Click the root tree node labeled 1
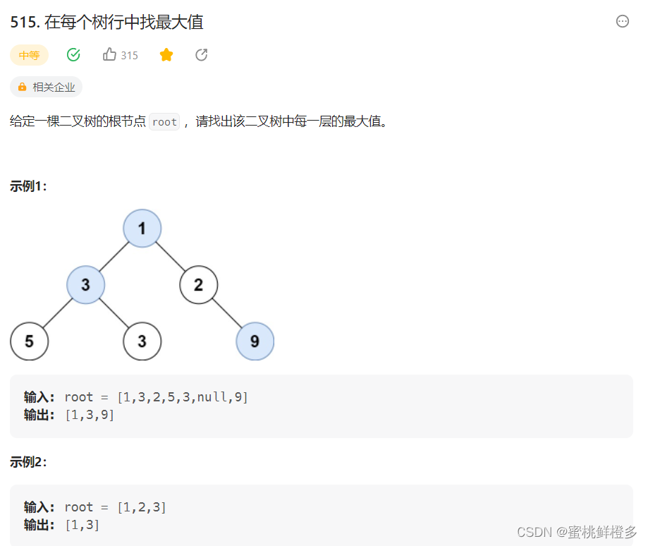tap(142, 229)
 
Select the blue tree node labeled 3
tap(86, 285)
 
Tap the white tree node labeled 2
tap(199, 285)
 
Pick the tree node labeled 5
tap(30, 341)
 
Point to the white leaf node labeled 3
tap(142, 341)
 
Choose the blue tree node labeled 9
tap(255, 341)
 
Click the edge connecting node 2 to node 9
tap(226, 313)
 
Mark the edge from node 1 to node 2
tap(171, 257)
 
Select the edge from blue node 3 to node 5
tap(58, 313)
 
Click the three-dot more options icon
tap(623, 21)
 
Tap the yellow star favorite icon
tap(166, 55)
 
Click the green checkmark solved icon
tap(73, 55)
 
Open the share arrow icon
tap(202, 55)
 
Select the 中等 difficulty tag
tap(29, 55)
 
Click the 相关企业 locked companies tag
tap(47, 87)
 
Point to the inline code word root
tap(164, 121)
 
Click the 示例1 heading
tap(29, 186)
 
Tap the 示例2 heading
tap(29, 462)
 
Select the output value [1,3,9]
tap(90, 415)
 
